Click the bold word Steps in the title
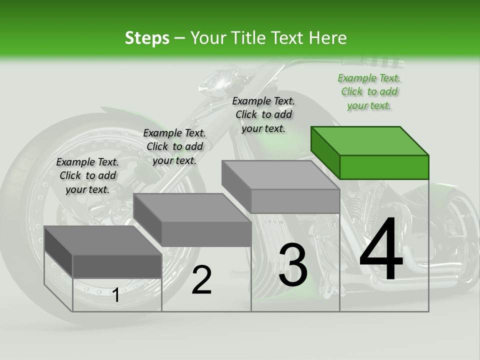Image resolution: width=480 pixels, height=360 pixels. coord(147,38)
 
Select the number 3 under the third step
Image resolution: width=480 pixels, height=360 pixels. coord(293,265)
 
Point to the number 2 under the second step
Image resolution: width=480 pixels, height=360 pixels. coord(201,280)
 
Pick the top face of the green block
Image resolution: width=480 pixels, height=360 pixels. coord(369,140)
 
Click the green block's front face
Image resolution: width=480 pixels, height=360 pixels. coord(384,167)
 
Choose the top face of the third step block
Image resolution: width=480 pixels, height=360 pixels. coord(280,175)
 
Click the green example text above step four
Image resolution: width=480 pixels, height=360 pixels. coord(369,92)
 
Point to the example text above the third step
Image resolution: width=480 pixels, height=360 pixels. coord(263,114)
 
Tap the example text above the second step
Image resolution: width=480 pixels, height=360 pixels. coord(174,146)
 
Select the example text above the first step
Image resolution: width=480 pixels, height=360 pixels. coord(87,175)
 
